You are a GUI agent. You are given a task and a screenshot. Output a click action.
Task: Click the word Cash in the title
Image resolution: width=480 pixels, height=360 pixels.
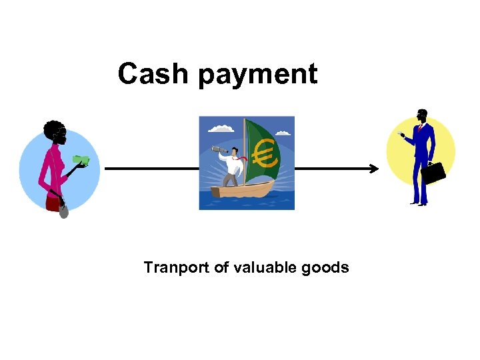tap(153, 74)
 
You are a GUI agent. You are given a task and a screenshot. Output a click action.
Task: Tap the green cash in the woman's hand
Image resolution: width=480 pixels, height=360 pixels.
tap(82, 160)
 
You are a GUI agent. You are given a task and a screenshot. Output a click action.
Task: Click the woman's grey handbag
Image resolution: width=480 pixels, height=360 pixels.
tap(63, 212)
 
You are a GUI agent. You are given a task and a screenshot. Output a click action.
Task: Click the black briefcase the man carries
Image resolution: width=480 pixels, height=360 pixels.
tap(435, 173)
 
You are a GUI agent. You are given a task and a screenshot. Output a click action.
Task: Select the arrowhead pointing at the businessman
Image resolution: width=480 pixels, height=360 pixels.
tap(375, 169)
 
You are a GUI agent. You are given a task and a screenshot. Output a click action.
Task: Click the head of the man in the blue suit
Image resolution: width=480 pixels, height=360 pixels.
tap(421, 115)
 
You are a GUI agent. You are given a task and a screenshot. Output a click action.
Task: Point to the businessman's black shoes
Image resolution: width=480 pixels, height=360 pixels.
tap(419, 203)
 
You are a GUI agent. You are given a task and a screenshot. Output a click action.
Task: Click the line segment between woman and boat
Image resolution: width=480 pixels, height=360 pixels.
tap(151, 169)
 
